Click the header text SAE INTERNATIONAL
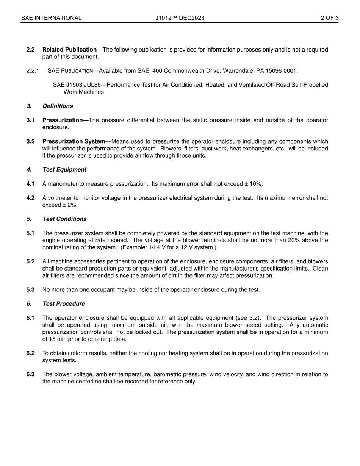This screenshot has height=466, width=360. (x=51, y=18)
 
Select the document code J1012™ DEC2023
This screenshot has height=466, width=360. (x=180, y=18)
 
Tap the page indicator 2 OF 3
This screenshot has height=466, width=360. (x=329, y=18)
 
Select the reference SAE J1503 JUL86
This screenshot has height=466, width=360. (x=77, y=85)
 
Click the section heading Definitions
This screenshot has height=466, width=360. (x=58, y=106)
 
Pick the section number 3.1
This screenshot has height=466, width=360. (x=30, y=120)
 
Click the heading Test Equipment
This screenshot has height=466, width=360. (x=64, y=170)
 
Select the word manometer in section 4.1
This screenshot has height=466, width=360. (x=62, y=184)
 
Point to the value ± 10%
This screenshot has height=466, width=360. (x=254, y=184)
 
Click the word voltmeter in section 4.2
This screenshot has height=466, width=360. (x=60, y=198)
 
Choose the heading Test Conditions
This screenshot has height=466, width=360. (x=64, y=219)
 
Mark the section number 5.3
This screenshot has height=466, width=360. (x=30, y=289)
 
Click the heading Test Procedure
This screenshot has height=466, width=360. (x=64, y=304)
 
